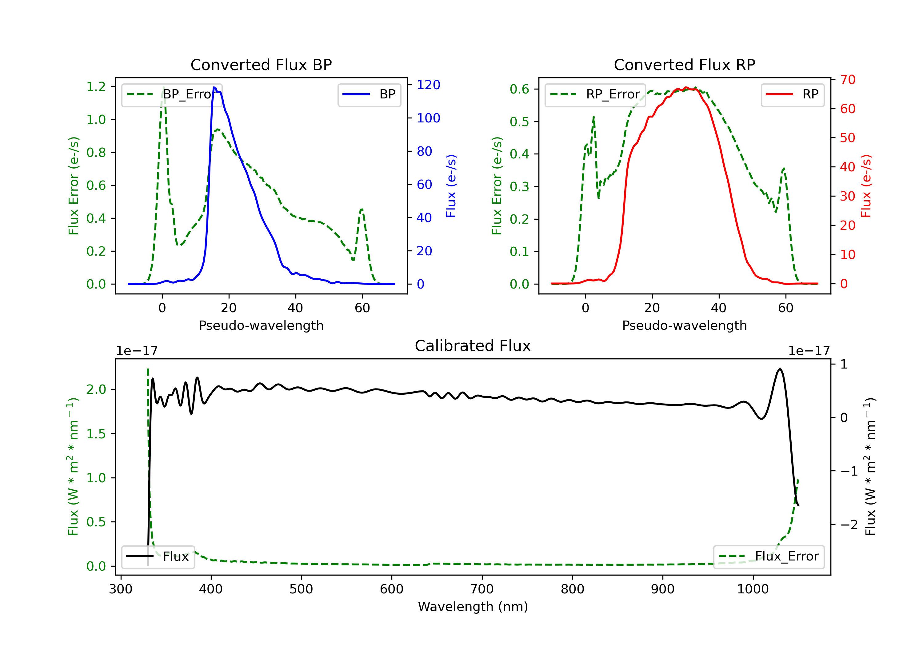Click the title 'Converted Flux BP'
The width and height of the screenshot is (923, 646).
click(x=261, y=65)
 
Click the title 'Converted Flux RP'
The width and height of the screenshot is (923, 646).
click(x=684, y=65)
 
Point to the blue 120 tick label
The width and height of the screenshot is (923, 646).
click(x=428, y=85)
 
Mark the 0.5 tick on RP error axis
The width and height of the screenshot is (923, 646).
click(x=519, y=122)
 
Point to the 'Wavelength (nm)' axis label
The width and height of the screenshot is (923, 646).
click(x=473, y=607)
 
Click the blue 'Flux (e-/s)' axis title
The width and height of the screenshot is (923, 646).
click(x=451, y=186)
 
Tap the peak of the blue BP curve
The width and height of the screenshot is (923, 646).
click(x=214, y=87)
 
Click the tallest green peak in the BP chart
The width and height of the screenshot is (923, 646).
click(x=163, y=87)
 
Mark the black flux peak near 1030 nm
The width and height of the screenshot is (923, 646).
click(x=780, y=369)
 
